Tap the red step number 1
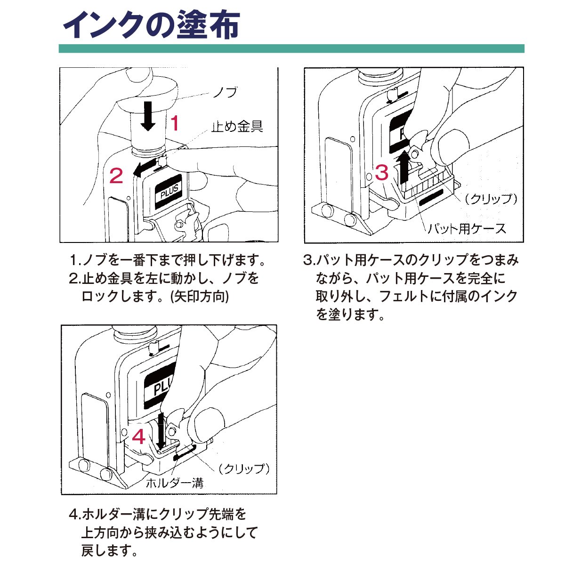[x=175, y=123]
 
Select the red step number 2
[x=116, y=176]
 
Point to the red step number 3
[x=381, y=173]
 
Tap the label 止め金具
[x=237, y=126]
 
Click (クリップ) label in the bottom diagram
[x=243, y=468]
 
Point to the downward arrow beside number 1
[x=148, y=116]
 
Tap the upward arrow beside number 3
[x=403, y=166]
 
